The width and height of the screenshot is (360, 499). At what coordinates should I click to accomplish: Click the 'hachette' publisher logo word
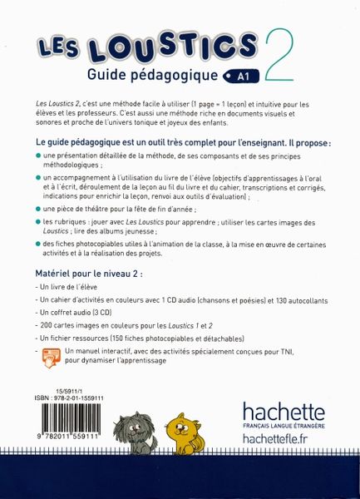coord(284,411)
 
